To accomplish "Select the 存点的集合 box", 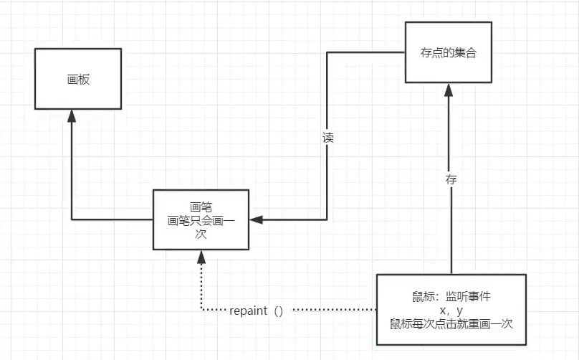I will pos(449,53).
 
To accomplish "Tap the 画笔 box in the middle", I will pos(201,219).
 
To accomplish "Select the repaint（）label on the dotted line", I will pos(257,311).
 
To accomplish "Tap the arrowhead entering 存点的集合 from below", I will pos(449,90).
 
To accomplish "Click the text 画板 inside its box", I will pos(77,79).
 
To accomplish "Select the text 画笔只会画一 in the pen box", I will pos(201,220).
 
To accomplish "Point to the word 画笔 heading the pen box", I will pos(201,207).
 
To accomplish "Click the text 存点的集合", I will pos(449,53).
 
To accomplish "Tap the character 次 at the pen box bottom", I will pos(201,234).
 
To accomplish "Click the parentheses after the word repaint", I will pos(279,311).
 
